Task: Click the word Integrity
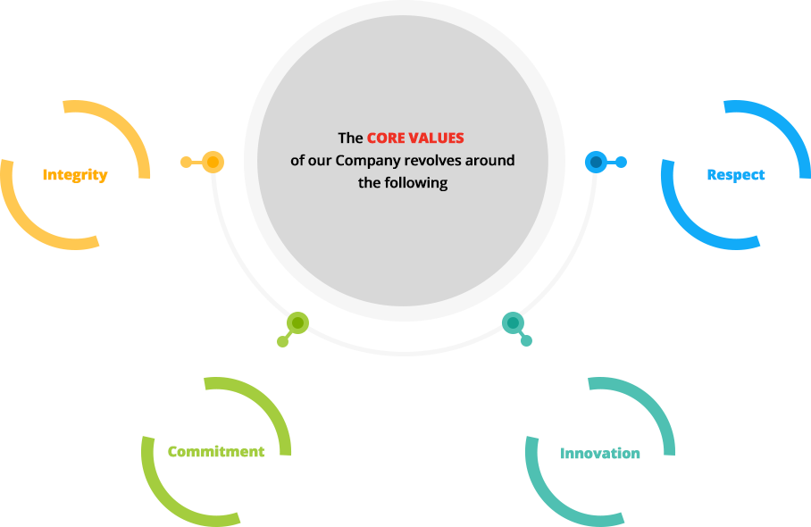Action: [x=75, y=175]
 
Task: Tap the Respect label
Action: [x=735, y=175]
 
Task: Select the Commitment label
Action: [x=216, y=451]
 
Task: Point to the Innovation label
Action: [x=600, y=454]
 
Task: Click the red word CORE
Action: [x=386, y=138]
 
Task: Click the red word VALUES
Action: [x=437, y=138]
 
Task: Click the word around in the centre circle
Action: [x=489, y=160]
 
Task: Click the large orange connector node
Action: [x=213, y=163]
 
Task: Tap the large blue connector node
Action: [x=596, y=163]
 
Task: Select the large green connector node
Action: [x=298, y=323]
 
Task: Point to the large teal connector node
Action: [x=513, y=323]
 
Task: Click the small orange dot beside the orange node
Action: [x=186, y=163]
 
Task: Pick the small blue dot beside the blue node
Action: [x=621, y=163]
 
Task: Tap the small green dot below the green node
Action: [x=282, y=341]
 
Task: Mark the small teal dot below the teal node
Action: [x=527, y=341]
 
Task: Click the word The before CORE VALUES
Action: [x=350, y=138]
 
